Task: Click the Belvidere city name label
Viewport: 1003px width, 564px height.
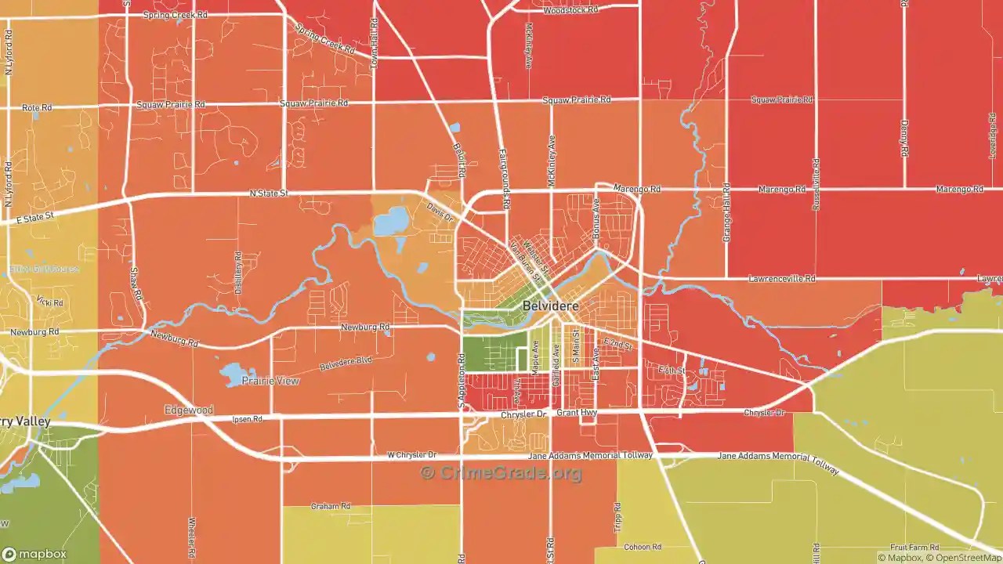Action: (x=551, y=306)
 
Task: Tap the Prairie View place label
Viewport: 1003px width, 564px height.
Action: (x=270, y=381)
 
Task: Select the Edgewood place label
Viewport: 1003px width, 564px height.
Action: (x=189, y=410)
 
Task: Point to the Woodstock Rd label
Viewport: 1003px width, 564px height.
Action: (x=570, y=10)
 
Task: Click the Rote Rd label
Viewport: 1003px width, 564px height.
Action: (x=36, y=107)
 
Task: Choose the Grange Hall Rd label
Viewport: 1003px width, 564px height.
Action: (x=726, y=212)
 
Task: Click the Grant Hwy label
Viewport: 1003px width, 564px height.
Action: (x=577, y=412)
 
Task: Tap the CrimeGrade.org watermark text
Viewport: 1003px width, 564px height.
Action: (x=501, y=473)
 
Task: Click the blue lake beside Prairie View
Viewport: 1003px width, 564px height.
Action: (x=234, y=374)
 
